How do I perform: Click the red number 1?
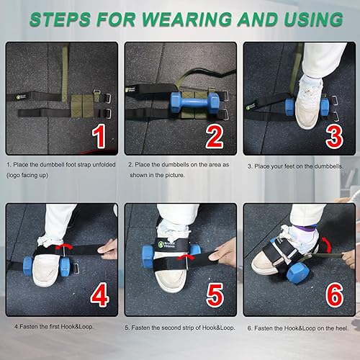click(99, 136)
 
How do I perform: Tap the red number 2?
click(215, 137)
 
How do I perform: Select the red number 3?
click(334, 137)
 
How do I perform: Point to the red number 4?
click(100, 294)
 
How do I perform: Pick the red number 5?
click(215, 295)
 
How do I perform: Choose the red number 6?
click(335, 295)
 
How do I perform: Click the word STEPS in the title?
click(60, 19)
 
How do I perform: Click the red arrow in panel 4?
click(64, 247)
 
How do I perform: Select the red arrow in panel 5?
click(185, 257)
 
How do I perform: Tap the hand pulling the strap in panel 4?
click(107, 250)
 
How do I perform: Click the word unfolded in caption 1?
click(104, 165)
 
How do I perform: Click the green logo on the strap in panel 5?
click(161, 244)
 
